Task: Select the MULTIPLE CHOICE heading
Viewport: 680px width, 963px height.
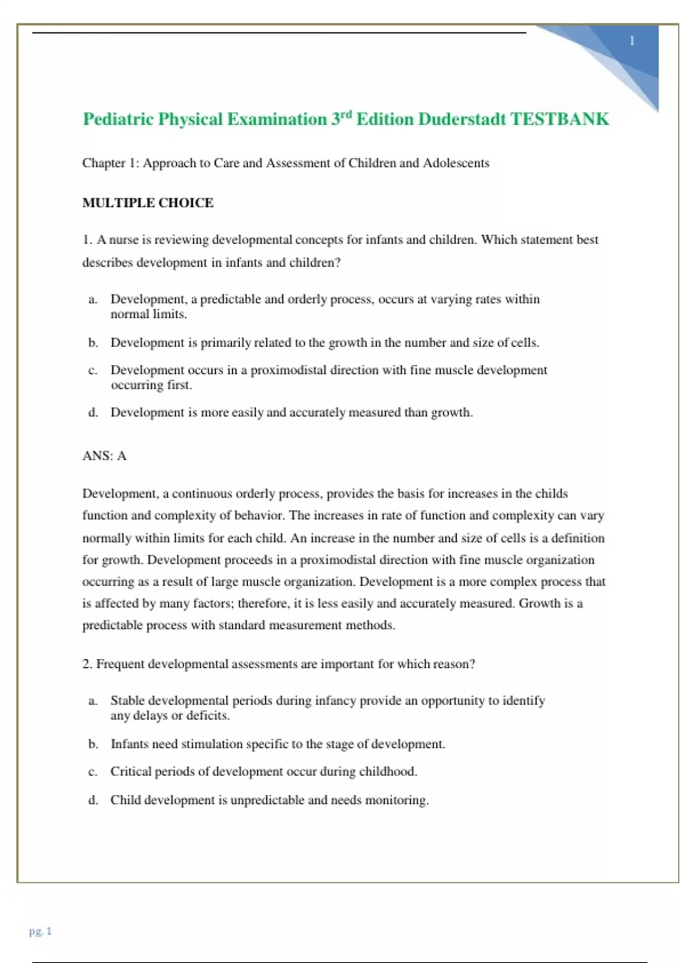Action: (x=148, y=203)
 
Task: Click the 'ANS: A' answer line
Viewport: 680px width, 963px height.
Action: (x=104, y=456)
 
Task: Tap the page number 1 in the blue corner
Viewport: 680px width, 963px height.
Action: (x=632, y=41)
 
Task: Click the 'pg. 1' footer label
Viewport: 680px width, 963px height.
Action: (x=40, y=931)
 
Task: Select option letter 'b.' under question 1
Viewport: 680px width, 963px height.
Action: (x=93, y=343)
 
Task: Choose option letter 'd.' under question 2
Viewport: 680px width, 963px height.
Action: (x=93, y=800)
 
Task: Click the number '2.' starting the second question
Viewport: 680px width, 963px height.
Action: (x=87, y=664)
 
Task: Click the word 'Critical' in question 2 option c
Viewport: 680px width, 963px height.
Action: (x=130, y=772)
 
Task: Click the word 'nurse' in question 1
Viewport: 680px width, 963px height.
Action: (x=124, y=240)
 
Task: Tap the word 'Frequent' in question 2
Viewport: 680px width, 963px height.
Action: (x=120, y=664)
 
